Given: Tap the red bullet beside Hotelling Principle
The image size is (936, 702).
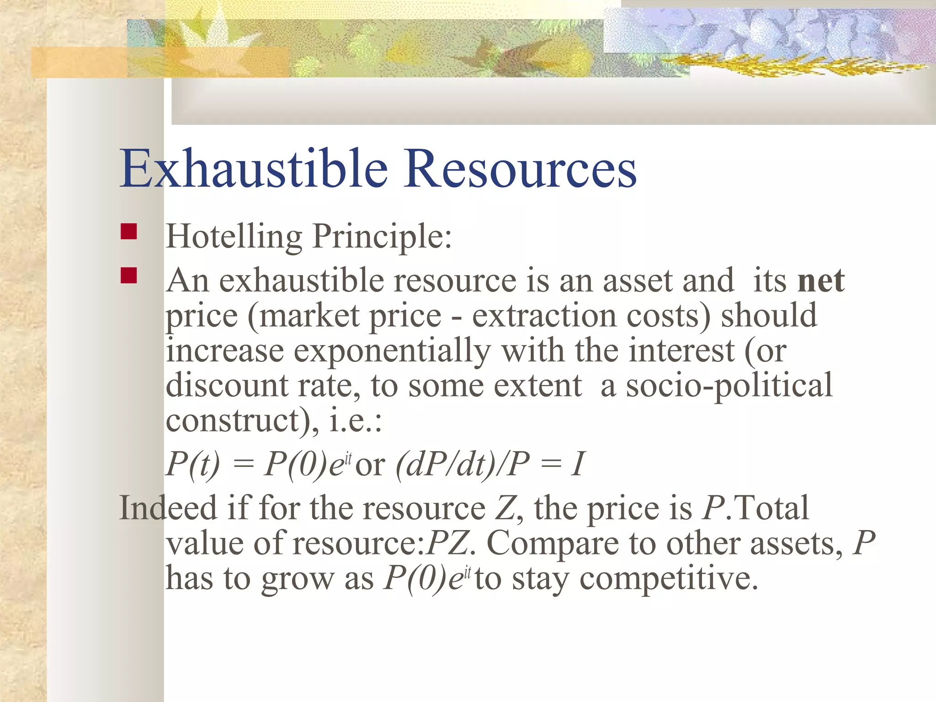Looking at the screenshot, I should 129,232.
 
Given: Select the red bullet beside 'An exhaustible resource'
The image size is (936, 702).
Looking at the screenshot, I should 129,276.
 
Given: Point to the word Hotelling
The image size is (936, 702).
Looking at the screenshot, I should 234,236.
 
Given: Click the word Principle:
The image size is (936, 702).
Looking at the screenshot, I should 382,237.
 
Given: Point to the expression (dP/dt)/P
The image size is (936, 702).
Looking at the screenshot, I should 462,464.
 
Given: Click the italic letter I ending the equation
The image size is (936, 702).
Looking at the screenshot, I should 578,464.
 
